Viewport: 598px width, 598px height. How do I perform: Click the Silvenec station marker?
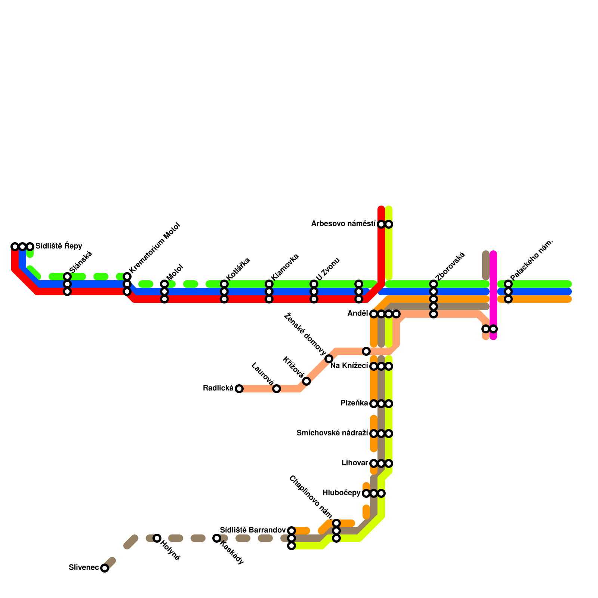[x=105, y=568]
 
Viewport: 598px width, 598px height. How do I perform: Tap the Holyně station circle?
[x=157, y=538]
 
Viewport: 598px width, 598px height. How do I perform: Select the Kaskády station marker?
[x=217, y=538]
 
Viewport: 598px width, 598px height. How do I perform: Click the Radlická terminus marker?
[x=239, y=389]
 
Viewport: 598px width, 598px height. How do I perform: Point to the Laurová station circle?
[x=277, y=389]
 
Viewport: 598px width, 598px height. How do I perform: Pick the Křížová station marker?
[x=306, y=381]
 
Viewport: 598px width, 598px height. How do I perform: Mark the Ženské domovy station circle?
[x=329, y=359]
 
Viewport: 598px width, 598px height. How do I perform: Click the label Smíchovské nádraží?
[x=332, y=433]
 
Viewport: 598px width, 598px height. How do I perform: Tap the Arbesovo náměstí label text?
[x=343, y=224]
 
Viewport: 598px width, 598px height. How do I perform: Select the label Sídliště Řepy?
[x=59, y=246]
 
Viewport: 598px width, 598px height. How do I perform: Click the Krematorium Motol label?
[x=155, y=247]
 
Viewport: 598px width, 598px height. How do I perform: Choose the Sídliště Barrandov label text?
[x=253, y=530]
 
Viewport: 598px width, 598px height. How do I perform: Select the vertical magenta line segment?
[x=493, y=295]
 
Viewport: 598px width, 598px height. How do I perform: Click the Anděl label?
[x=358, y=314]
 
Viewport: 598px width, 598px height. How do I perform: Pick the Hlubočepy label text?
[x=341, y=493]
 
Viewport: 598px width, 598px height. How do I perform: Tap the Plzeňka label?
[x=354, y=403]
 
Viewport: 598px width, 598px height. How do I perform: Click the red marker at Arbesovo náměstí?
[x=381, y=224]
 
